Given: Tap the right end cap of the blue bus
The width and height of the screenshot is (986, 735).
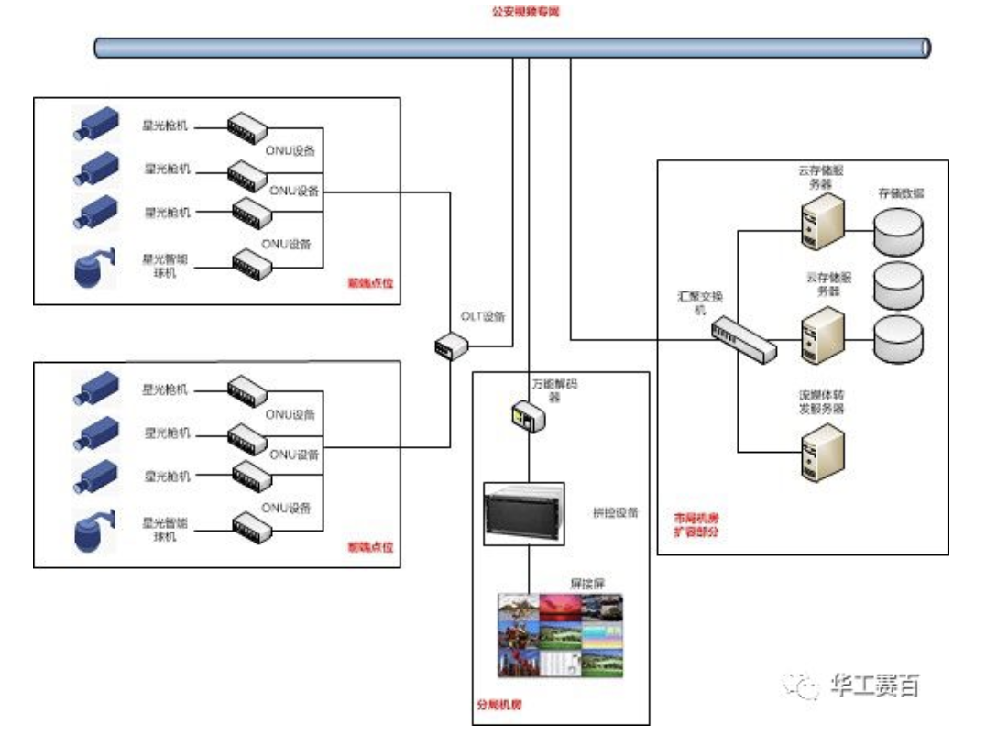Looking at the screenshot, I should click(x=926, y=47).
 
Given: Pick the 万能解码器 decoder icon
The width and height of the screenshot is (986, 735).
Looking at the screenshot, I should click(x=529, y=417).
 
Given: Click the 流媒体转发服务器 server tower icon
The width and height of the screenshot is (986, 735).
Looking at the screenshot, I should click(x=821, y=448).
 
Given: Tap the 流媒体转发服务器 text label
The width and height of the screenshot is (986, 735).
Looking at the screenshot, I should click(x=820, y=401).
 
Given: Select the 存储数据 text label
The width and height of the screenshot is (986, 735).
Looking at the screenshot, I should click(x=901, y=194).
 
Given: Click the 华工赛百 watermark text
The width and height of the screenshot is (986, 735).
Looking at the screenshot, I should click(x=874, y=685).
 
